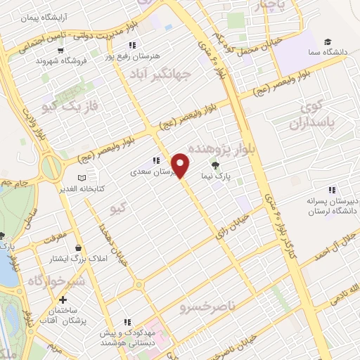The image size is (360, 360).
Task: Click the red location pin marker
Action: tap(181, 166)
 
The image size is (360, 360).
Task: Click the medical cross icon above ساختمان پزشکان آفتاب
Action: tap(63, 300)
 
